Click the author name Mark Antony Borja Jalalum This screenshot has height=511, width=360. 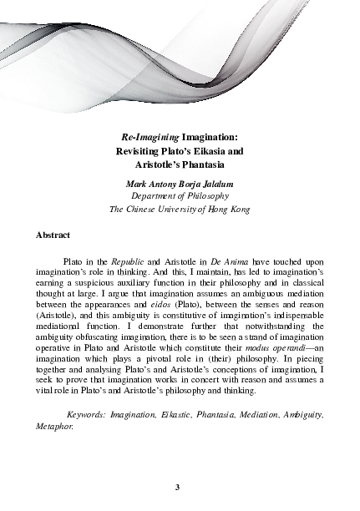[x=180, y=183]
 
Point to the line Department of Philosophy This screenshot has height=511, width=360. [x=180, y=195]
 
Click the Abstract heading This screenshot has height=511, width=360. [x=53, y=236]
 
